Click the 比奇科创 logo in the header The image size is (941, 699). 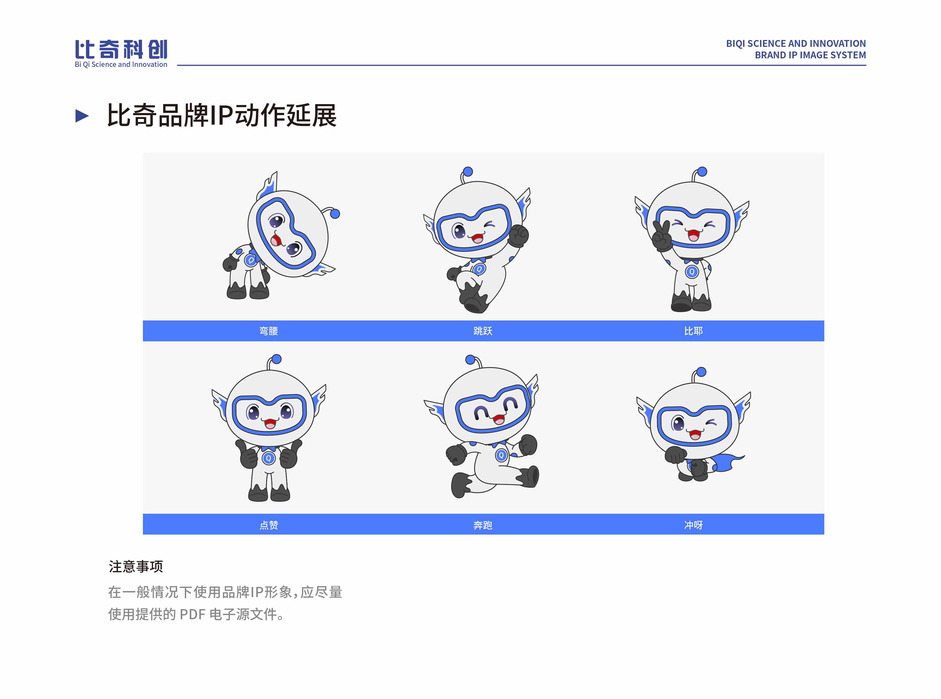121,54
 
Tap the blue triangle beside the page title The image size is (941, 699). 82,116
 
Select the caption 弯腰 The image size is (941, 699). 268,331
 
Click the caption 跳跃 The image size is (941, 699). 483,331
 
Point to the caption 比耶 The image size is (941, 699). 693,331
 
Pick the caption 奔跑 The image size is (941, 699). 483,525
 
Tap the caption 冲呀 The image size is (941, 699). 693,525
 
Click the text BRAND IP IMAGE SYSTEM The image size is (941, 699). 810,55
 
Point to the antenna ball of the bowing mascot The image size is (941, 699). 335,214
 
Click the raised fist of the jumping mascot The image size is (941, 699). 518,235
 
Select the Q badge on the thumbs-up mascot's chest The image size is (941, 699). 268,458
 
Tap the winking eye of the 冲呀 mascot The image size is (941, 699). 712,422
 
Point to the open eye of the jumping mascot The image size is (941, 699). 459,231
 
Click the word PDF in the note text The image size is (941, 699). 193,614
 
